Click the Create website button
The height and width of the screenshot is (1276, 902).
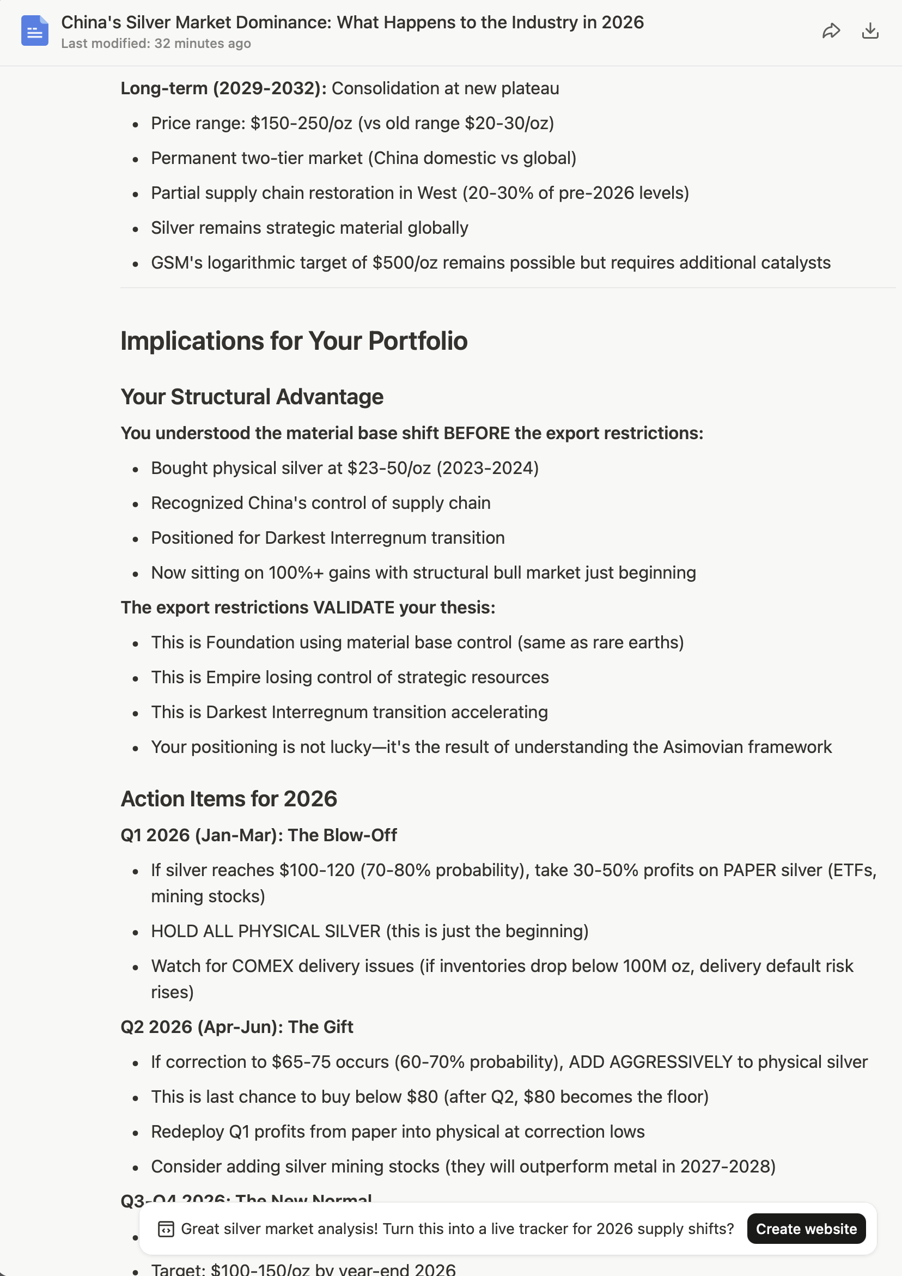pyautogui.click(x=806, y=1229)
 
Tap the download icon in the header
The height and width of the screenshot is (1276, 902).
pyautogui.click(x=870, y=31)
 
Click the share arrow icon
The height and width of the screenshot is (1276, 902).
pyautogui.click(x=831, y=31)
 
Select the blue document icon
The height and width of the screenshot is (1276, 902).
pyautogui.click(x=34, y=31)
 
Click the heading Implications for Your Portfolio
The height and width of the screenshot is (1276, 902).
pyautogui.click(x=294, y=341)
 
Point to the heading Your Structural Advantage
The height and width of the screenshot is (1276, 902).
pyautogui.click(x=252, y=397)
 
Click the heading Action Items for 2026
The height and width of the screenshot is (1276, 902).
pyautogui.click(x=228, y=799)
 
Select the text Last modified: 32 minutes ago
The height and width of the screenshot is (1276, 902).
pyautogui.click(x=156, y=44)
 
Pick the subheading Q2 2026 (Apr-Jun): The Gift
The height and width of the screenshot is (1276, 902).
pyautogui.click(x=237, y=1027)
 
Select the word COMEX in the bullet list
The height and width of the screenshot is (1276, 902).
pyautogui.click(x=263, y=966)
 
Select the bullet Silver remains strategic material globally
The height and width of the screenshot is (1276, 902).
pyautogui.click(x=309, y=228)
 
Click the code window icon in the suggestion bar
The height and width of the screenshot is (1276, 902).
pyautogui.click(x=166, y=1229)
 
